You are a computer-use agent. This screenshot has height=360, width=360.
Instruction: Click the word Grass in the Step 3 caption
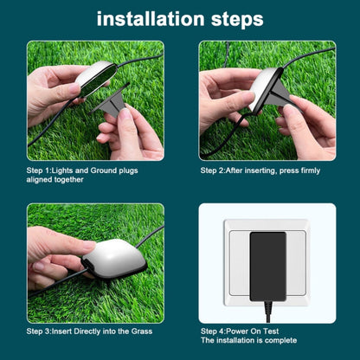tap(142, 331)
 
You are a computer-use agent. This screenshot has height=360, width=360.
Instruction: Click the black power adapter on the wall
tap(267, 266)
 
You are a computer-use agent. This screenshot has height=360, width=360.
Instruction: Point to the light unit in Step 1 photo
tap(93, 80)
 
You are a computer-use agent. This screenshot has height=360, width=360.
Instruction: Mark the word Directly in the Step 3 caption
tap(86, 331)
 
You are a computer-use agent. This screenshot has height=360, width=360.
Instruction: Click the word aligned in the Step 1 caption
tap(42, 181)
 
